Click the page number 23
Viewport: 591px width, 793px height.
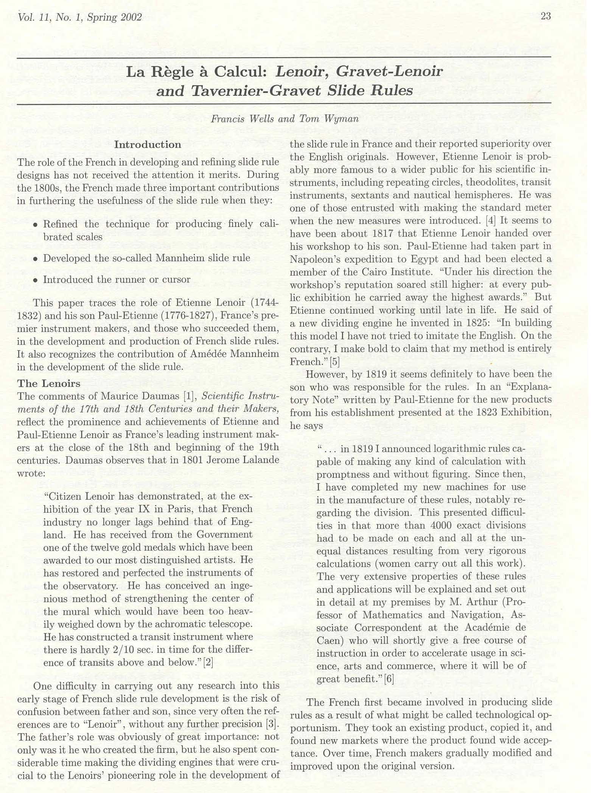click(546, 16)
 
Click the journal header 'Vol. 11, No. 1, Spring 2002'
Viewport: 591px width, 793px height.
click(80, 17)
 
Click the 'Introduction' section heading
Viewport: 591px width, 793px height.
click(148, 145)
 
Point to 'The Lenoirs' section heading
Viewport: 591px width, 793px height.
click(49, 383)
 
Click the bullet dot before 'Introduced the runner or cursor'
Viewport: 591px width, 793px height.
click(35, 280)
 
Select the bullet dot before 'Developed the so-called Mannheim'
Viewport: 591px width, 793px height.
click(35, 259)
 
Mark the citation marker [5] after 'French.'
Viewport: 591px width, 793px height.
click(334, 361)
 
